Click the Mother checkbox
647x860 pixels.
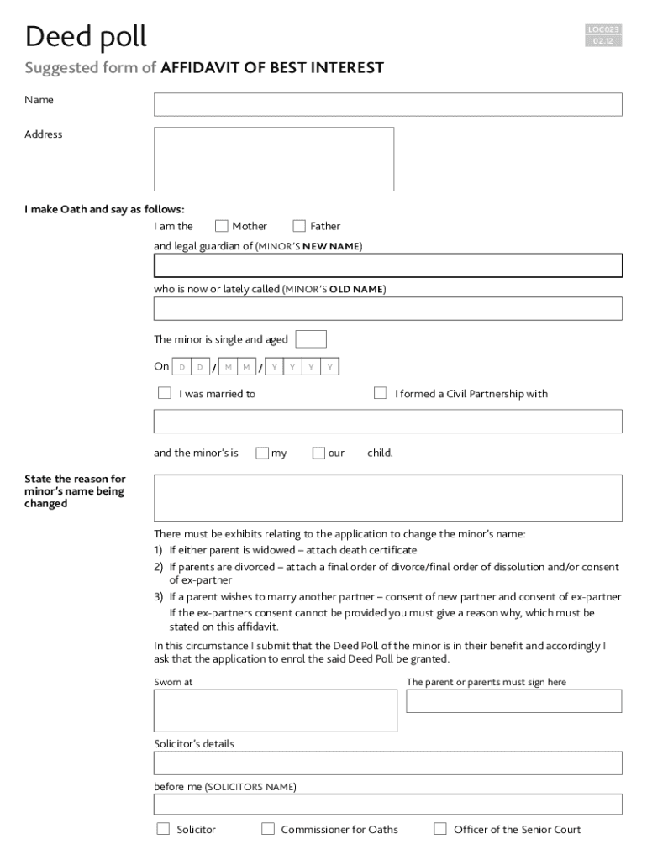(x=222, y=226)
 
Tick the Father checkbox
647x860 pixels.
(x=299, y=226)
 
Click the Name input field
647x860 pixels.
(x=387, y=104)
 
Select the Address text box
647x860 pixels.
(x=273, y=159)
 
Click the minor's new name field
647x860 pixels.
(x=387, y=265)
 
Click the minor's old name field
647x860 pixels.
(x=387, y=308)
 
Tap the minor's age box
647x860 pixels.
(x=312, y=339)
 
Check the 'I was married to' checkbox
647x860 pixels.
(x=165, y=393)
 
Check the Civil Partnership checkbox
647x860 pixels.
(x=380, y=393)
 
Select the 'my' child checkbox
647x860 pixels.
(x=262, y=454)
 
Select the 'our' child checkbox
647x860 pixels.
(x=318, y=454)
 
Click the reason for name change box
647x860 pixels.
(x=387, y=497)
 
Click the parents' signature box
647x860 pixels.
(x=513, y=701)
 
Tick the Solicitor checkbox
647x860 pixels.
(x=164, y=829)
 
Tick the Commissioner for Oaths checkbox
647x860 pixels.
(x=268, y=829)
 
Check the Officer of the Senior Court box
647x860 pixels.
(x=440, y=829)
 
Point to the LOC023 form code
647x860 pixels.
(x=604, y=30)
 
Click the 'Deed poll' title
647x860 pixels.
(x=86, y=37)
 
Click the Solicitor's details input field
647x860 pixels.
(x=387, y=763)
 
